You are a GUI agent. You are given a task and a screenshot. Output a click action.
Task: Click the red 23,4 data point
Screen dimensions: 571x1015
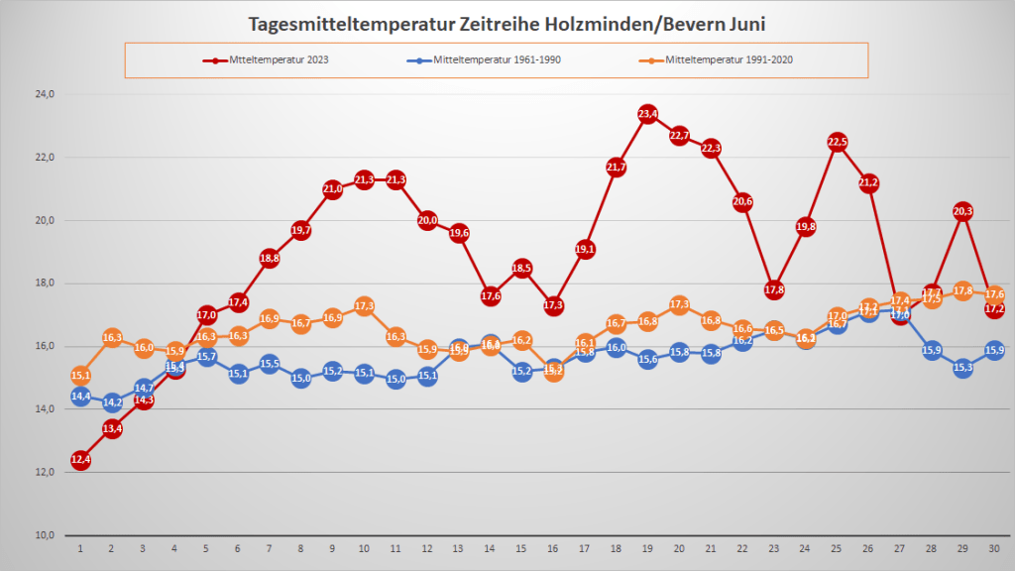coord(648,114)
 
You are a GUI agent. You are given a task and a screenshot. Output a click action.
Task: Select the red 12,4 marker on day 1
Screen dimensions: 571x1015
coord(80,460)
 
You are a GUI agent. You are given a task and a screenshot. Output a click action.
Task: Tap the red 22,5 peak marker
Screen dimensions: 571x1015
coord(838,142)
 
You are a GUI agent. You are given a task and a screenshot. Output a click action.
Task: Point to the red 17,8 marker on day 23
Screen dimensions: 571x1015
coord(774,289)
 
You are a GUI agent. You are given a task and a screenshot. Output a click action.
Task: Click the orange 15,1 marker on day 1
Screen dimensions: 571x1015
coord(80,376)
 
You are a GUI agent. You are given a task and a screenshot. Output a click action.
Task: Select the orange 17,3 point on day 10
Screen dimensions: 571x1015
coord(364,306)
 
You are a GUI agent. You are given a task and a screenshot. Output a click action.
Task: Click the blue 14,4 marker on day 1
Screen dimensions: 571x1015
coord(80,397)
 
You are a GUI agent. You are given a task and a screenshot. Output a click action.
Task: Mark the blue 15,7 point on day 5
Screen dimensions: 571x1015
coord(206,356)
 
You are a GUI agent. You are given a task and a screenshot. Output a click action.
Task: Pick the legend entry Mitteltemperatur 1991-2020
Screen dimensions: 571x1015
coord(730,59)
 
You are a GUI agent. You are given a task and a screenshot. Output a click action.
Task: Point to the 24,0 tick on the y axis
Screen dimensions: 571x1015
coord(44,94)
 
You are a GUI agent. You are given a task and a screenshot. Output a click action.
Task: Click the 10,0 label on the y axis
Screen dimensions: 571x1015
coord(44,535)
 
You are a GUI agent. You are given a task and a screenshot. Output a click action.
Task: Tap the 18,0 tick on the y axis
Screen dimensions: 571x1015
coord(44,284)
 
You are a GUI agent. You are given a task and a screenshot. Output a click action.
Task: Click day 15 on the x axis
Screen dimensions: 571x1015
coord(522,548)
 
